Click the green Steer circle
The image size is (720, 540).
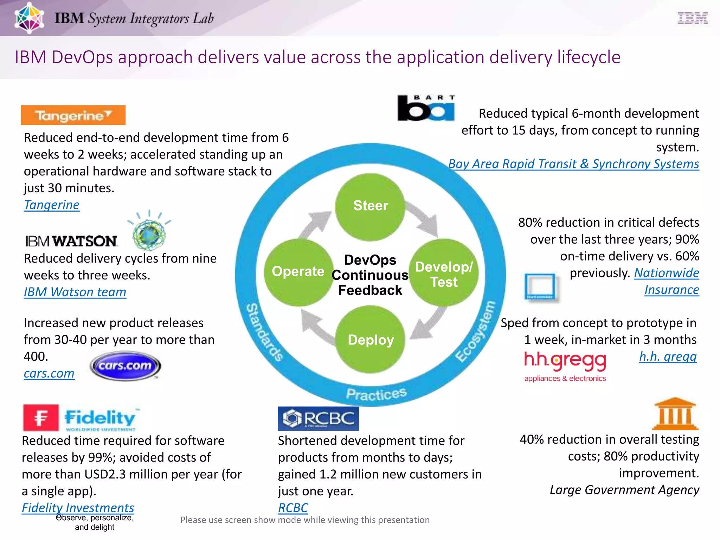[370, 207]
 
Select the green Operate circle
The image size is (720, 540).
[298, 272]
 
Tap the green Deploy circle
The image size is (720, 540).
[371, 340]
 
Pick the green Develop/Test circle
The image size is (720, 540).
[444, 273]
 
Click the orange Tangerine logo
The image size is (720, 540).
[73, 115]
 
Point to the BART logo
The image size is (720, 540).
[426, 108]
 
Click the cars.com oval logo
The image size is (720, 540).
[125, 366]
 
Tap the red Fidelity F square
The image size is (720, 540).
[41, 418]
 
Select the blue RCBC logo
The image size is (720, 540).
[318, 418]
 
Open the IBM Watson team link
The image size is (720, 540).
[75, 292]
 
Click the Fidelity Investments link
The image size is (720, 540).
[78, 508]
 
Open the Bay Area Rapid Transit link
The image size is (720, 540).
[573, 164]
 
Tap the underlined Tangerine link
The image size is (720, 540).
[52, 205]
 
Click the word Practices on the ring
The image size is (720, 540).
[376, 394]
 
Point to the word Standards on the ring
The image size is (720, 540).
[264, 332]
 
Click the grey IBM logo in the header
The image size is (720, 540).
[692, 18]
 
